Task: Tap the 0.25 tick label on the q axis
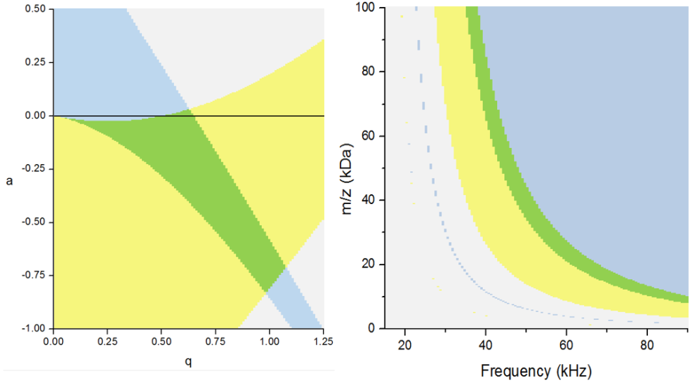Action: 107,342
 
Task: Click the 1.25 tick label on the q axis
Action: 323,342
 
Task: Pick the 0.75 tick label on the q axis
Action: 216,342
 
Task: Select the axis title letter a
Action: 8,181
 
